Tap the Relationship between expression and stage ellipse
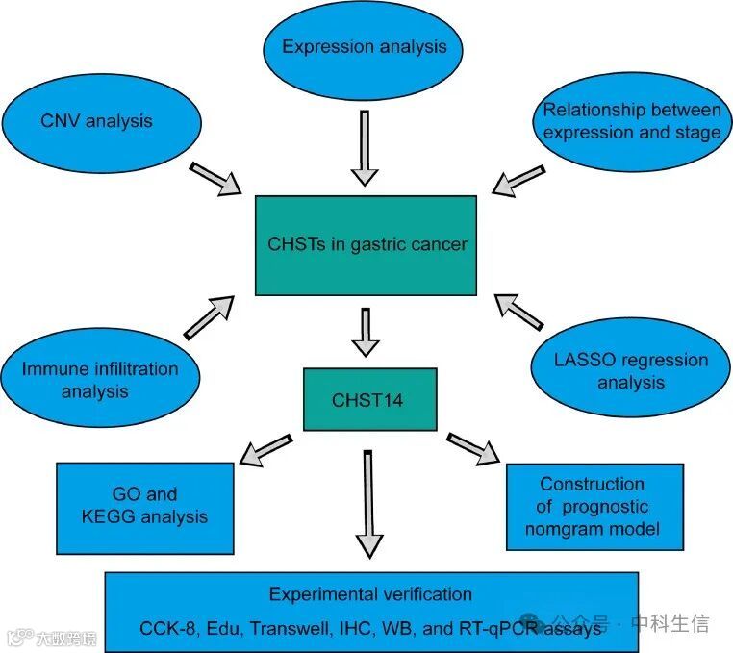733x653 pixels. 631,122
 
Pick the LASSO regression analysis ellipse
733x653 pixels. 631,371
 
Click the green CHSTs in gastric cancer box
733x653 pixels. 366,244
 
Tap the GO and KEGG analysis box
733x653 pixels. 145,506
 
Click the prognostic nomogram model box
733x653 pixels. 594,507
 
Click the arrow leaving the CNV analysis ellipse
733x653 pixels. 215,179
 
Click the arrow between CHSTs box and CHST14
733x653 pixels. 365,332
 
